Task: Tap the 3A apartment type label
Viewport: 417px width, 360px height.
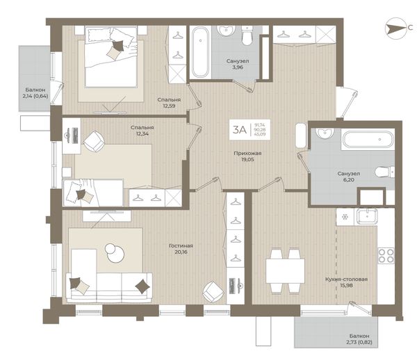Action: [240, 130]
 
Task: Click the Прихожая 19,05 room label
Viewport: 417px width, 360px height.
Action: [247, 156]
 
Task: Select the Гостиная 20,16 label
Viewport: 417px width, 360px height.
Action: [181, 249]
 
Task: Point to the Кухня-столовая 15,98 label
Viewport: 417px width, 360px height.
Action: [346, 282]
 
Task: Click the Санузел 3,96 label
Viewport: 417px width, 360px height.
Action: [238, 64]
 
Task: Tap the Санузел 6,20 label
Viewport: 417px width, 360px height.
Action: [349, 177]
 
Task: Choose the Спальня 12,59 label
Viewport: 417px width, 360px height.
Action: [169, 103]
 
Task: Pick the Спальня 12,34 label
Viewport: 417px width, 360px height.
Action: [142, 130]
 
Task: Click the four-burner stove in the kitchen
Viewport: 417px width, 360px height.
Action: [386, 256]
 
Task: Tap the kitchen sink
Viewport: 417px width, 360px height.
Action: [367, 216]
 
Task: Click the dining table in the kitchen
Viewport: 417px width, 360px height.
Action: [285, 270]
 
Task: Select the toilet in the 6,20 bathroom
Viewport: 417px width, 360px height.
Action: [384, 172]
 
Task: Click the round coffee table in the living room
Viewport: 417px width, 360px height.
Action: [115, 252]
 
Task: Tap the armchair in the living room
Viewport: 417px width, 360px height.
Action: [213, 292]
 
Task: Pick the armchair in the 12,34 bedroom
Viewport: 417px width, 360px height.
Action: [94, 142]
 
